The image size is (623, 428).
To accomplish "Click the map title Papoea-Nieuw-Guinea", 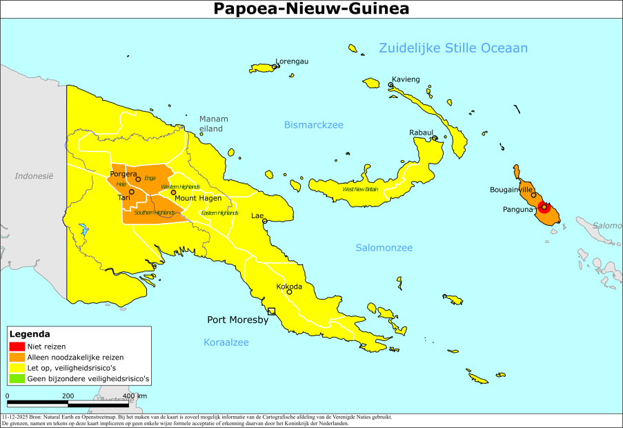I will tap(311, 9).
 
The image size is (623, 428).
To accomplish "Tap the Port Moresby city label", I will tap(238, 320).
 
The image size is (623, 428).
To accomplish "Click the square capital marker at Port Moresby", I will tap(272, 311).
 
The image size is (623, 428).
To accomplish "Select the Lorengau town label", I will tap(292, 61).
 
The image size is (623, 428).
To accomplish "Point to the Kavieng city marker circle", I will tap(390, 85).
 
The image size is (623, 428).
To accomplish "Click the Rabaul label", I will tap(421, 132).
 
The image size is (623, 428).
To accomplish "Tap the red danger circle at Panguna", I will tap(544, 206).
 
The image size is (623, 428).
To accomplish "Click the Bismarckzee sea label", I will tap(313, 125).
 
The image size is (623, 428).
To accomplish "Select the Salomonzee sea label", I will tap(384, 248).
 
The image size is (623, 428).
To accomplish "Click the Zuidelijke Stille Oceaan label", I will tap(453, 48).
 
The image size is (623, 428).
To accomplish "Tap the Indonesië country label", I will tap(34, 176).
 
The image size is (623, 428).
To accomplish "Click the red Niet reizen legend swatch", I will tap(17, 347).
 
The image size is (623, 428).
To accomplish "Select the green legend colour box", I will tap(17, 378).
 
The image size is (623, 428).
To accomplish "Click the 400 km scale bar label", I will tap(135, 396).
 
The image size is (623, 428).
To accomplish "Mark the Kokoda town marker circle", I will tap(290, 292).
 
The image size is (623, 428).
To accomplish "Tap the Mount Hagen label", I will tap(198, 198).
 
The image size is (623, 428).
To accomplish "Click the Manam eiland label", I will tap(214, 124).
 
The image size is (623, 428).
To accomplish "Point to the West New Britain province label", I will tap(360, 189).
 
